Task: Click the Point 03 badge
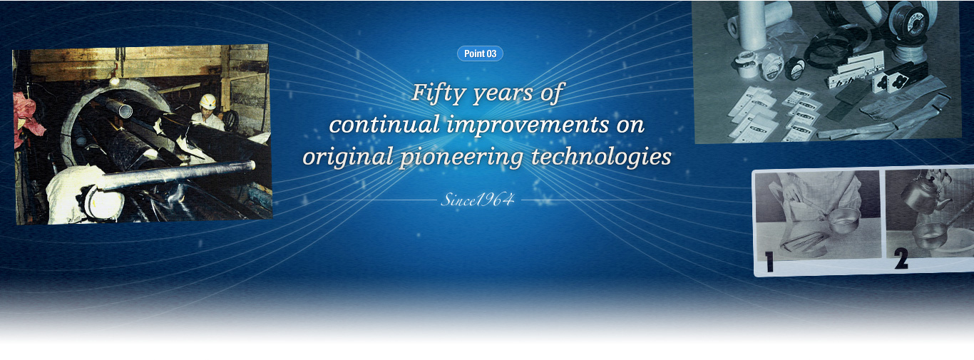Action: [x=480, y=53]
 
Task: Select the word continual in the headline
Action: [x=384, y=125]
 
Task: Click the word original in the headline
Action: [x=348, y=158]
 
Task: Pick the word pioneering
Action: [x=461, y=158]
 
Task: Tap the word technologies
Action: [x=601, y=158]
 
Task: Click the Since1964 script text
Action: [x=478, y=200]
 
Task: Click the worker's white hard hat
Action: [x=207, y=101]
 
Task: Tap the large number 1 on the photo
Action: [x=769, y=262]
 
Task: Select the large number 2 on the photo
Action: [x=901, y=258]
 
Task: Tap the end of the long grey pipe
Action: [x=252, y=165]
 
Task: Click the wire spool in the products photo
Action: [x=909, y=21]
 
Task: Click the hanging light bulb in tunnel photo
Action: [x=114, y=81]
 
